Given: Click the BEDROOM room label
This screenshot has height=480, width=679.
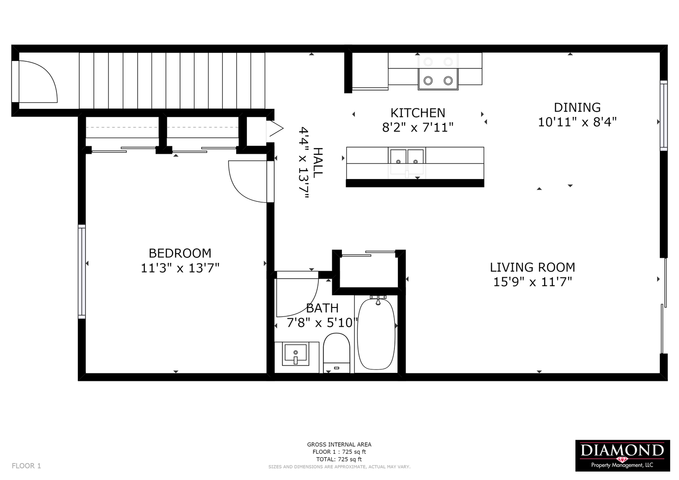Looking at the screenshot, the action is [x=180, y=253].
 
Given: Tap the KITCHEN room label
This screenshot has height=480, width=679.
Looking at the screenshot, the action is [x=418, y=113].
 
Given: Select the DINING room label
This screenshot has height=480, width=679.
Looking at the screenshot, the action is [x=577, y=108].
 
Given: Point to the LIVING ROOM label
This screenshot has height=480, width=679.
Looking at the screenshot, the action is [x=533, y=267].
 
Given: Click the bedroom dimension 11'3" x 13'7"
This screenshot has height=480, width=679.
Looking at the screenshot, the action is [x=180, y=268].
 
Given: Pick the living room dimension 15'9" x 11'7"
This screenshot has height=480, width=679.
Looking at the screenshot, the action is [x=533, y=282].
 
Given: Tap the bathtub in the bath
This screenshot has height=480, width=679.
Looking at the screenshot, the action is [x=376, y=333].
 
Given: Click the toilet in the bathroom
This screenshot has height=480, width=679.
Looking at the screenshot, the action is [x=337, y=353].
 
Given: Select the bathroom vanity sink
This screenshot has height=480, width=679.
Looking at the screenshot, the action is [x=296, y=354].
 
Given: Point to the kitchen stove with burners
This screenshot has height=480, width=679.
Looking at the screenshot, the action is [x=438, y=72].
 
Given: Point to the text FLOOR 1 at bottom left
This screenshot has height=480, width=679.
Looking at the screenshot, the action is [x=26, y=466].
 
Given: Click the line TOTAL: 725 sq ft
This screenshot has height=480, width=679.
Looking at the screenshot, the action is [x=339, y=459].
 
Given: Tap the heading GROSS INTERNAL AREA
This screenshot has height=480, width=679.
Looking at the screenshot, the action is [x=339, y=444].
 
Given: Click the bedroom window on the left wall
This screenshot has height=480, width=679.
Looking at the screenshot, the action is [x=81, y=272].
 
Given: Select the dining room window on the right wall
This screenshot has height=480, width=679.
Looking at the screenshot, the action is [x=663, y=116].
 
